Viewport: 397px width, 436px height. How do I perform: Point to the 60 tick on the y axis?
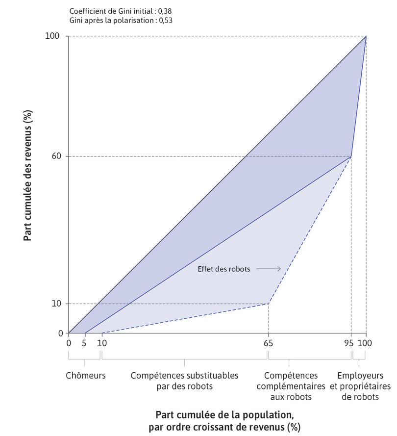58,156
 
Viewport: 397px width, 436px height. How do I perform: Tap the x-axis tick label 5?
84,343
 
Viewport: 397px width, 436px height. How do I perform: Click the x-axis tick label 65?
268,343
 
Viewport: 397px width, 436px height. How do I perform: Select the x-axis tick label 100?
365,343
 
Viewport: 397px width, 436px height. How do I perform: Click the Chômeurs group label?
86,376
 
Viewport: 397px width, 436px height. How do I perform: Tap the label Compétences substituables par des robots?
184,381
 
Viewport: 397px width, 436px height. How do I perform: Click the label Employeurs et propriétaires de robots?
360,386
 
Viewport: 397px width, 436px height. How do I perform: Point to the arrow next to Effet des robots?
268,269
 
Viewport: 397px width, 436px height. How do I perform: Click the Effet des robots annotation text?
223,269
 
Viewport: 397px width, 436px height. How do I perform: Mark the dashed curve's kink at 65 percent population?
268,304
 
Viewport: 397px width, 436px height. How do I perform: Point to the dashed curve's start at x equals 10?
101,333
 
